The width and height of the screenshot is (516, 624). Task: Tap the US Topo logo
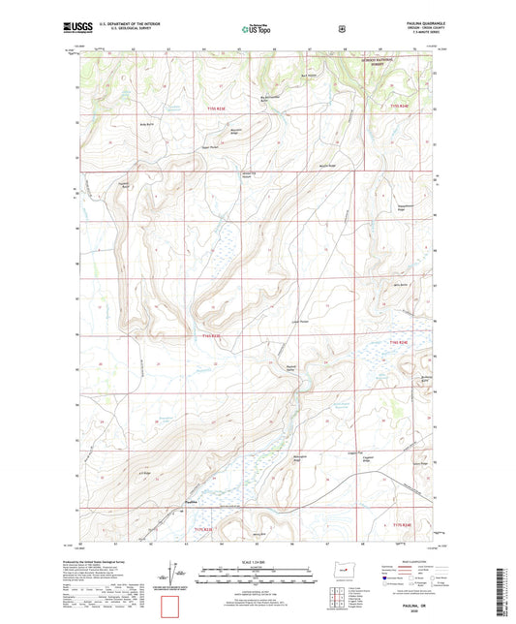coord(257,30)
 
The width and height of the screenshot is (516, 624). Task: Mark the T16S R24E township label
coord(401,342)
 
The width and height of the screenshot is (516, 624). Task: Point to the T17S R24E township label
coord(401,524)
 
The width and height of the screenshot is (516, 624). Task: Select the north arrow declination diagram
coord(180,578)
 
